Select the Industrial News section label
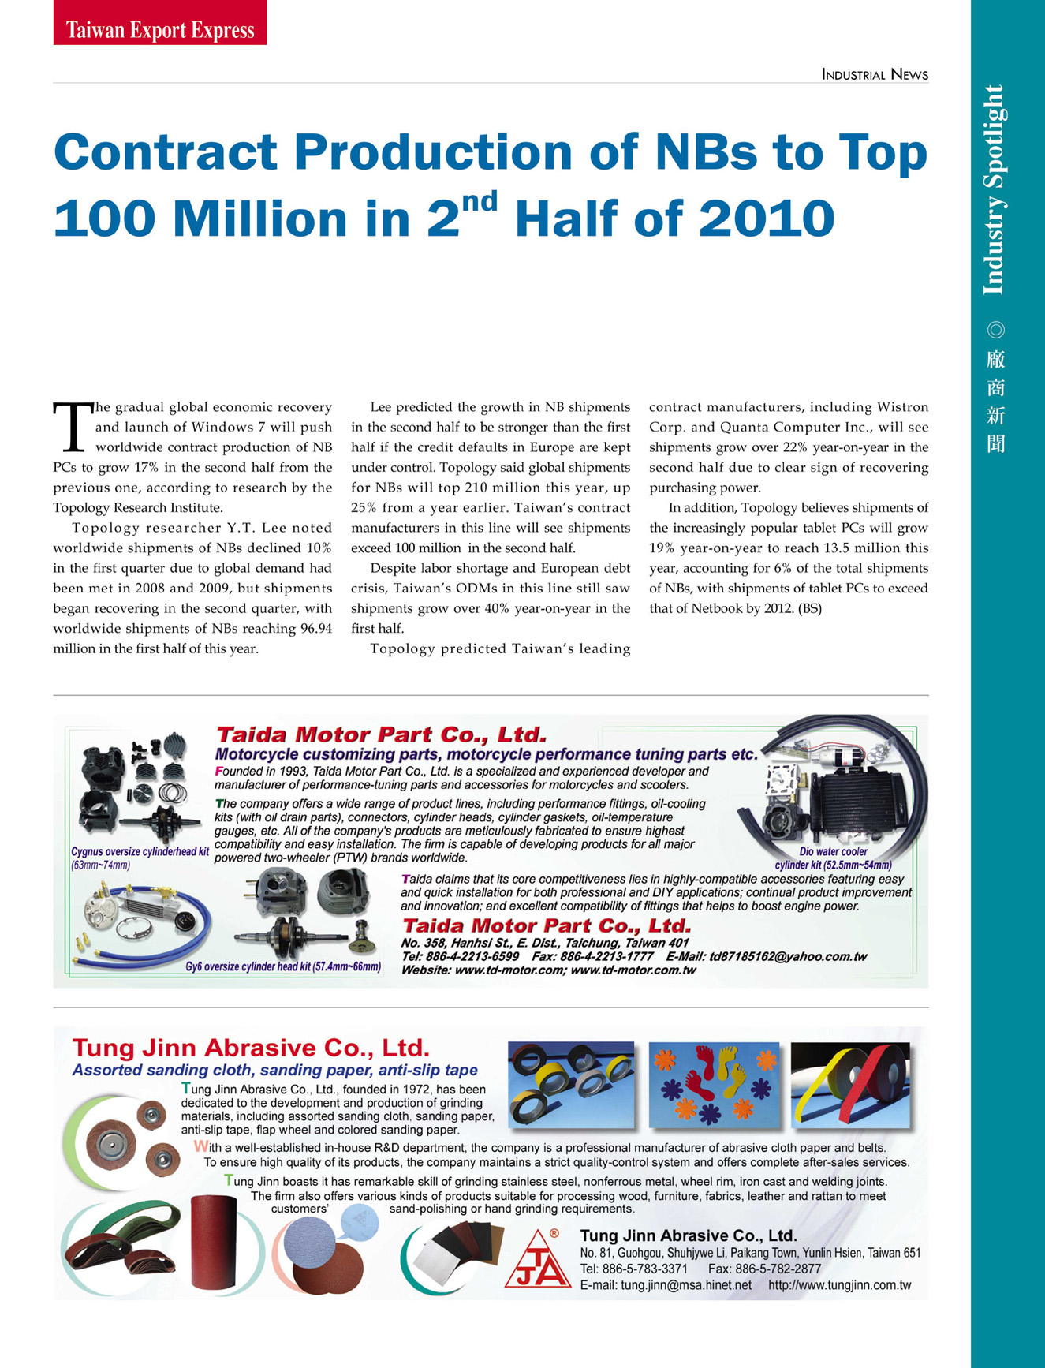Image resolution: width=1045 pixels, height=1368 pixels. (x=875, y=75)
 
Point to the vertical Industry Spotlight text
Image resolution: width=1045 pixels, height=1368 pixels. (x=995, y=190)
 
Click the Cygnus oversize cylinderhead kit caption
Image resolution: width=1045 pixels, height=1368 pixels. (x=140, y=852)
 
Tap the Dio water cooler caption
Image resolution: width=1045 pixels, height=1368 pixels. (x=833, y=852)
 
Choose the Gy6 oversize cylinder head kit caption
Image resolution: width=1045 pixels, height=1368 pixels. (x=283, y=966)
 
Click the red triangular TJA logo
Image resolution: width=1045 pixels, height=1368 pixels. (x=538, y=1260)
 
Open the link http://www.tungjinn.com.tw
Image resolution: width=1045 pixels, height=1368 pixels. (x=839, y=1285)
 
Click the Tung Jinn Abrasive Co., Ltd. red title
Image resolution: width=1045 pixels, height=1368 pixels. (x=251, y=1048)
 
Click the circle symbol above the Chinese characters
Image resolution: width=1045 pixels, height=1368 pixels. (x=995, y=330)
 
